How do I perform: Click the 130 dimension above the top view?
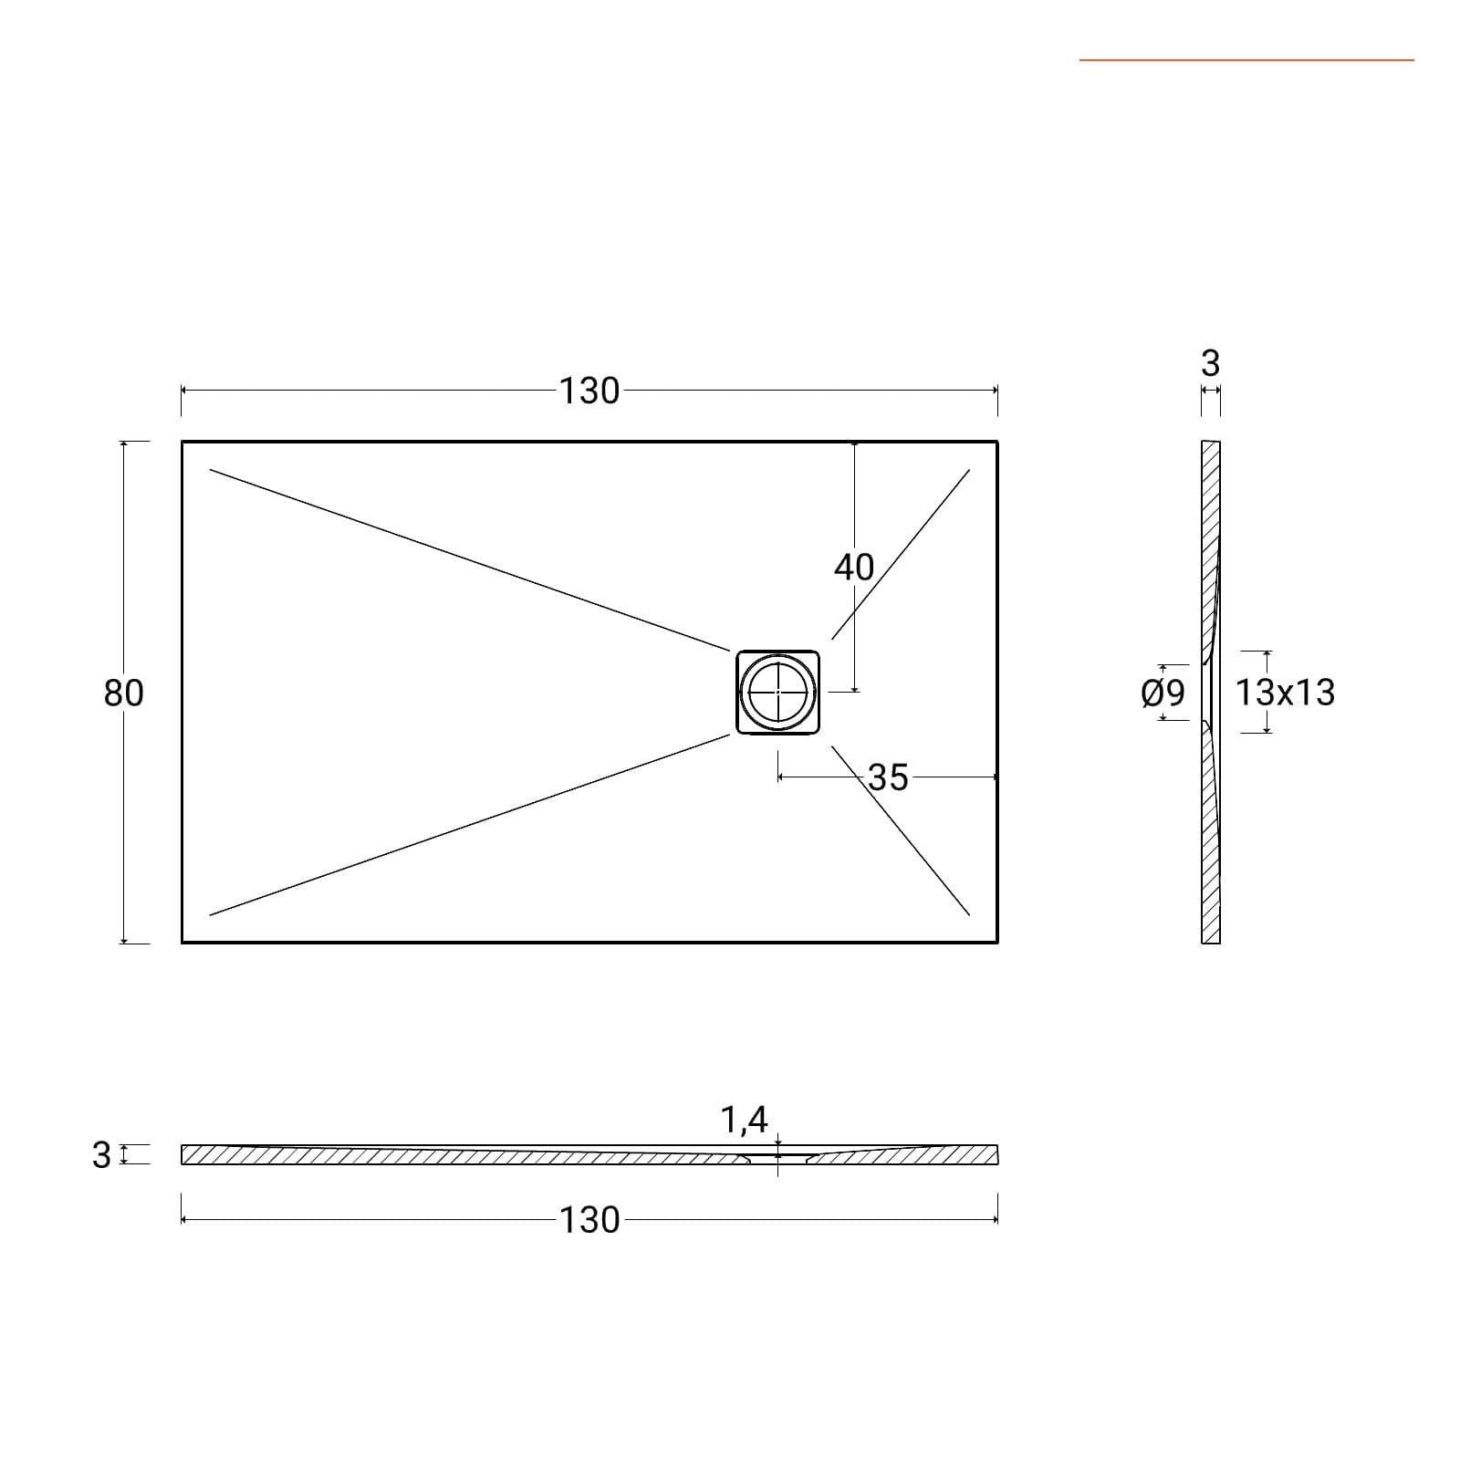pyautogui.click(x=589, y=391)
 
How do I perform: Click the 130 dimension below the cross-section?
pyautogui.click(x=589, y=1219)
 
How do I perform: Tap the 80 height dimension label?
pyautogui.click(x=123, y=693)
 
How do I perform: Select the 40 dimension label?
pyautogui.click(x=854, y=568)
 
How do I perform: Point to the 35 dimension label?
pyautogui.click(x=888, y=777)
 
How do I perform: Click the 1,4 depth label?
pyautogui.click(x=745, y=1120)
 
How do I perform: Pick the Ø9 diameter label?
pyautogui.click(x=1163, y=693)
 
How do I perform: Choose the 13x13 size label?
pyautogui.click(x=1285, y=693)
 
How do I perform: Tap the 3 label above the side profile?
pyautogui.click(x=1211, y=363)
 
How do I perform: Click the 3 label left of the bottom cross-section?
pyautogui.click(x=101, y=1155)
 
